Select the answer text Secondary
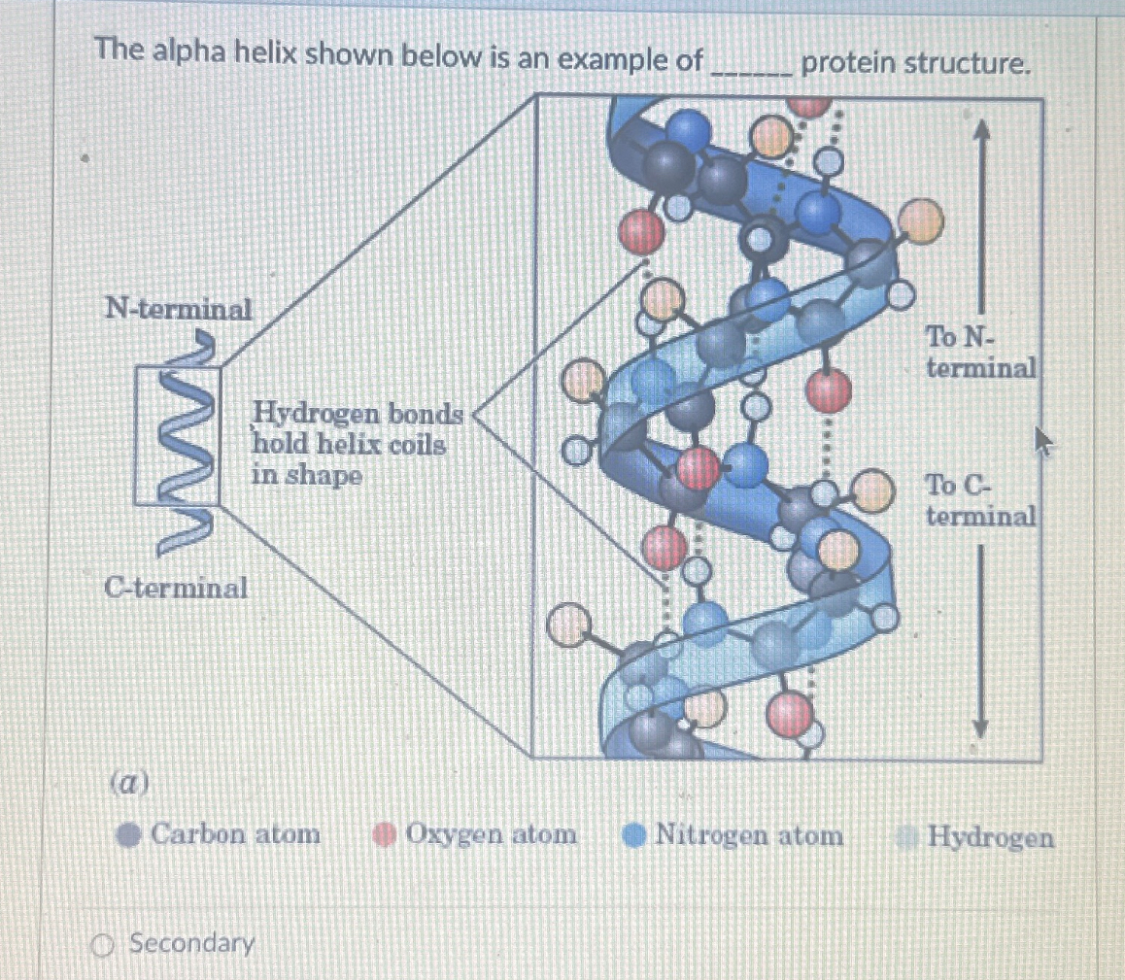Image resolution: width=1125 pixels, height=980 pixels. click(192, 943)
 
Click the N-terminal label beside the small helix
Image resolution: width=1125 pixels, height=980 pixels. click(178, 310)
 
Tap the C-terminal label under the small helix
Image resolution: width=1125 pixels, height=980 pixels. click(176, 588)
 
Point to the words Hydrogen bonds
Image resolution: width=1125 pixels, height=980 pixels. click(358, 415)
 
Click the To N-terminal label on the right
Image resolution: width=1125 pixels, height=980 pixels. click(979, 354)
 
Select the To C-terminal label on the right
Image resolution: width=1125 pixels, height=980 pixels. click(979, 499)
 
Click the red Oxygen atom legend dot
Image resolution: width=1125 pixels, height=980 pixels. click(385, 835)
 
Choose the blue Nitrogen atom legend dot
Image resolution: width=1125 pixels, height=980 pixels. click(634, 835)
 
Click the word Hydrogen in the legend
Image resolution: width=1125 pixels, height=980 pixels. click(990, 836)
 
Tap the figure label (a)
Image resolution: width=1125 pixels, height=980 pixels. click(128, 783)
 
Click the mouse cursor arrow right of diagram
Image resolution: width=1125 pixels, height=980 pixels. click(1041, 442)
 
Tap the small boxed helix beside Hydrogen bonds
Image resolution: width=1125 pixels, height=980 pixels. click(178, 435)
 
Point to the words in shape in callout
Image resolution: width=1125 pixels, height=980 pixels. click(306, 477)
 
